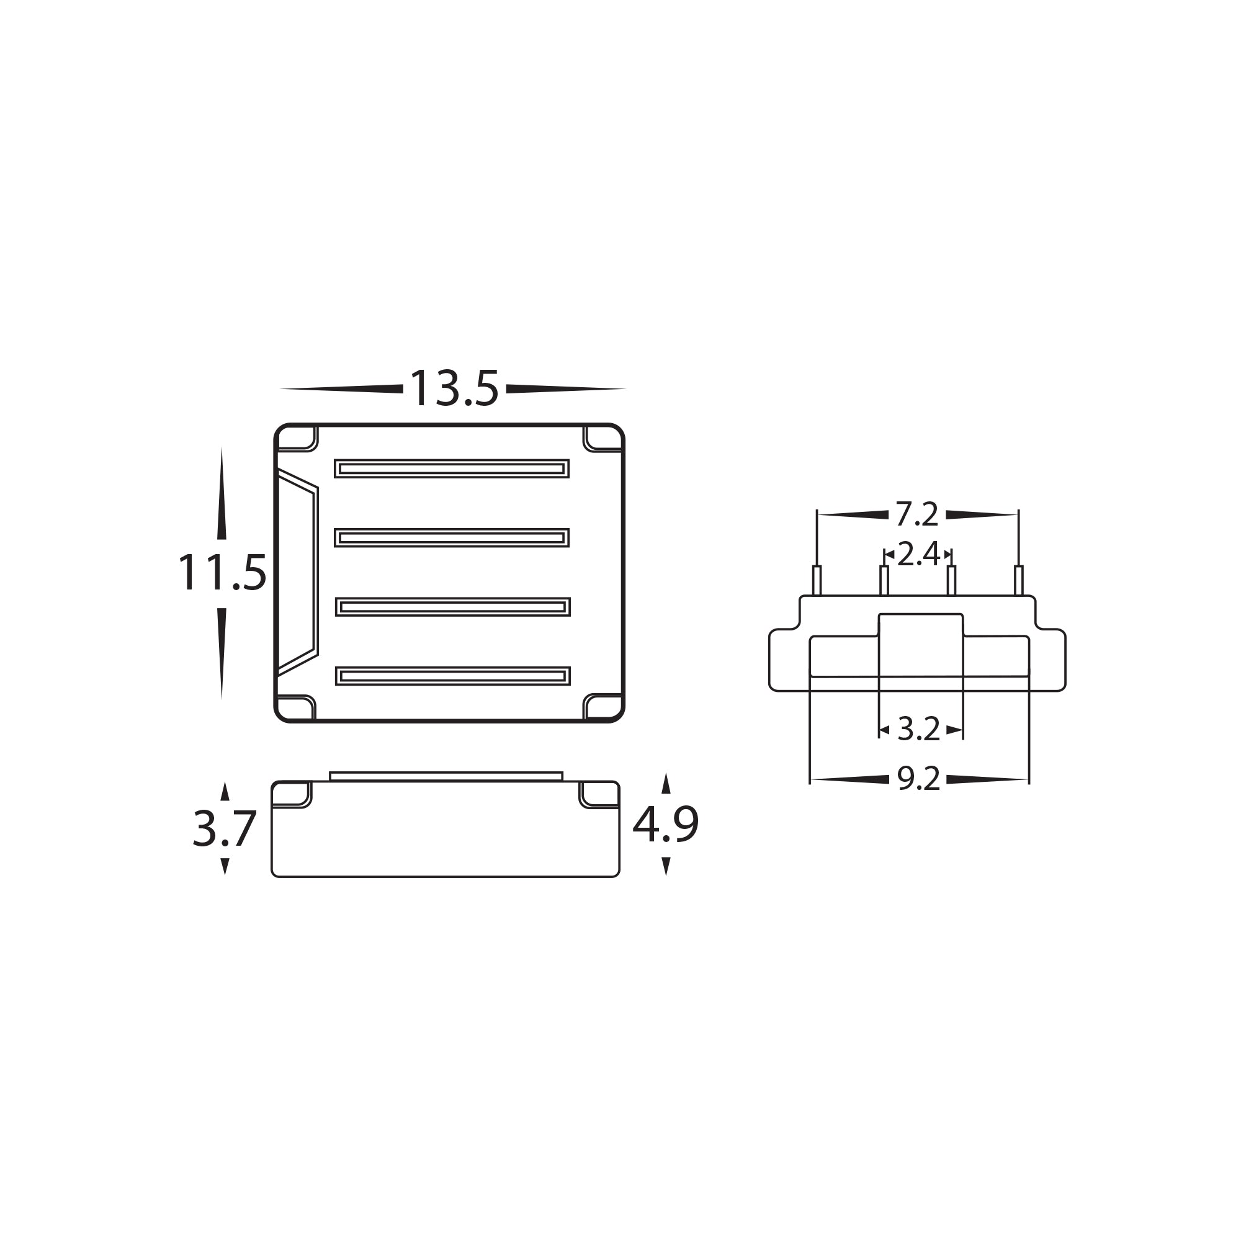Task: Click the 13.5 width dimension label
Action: tap(454, 389)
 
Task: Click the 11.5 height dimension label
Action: tap(222, 573)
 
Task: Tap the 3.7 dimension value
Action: tap(224, 828)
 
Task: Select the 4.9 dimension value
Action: tap(665, 825)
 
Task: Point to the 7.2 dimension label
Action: tap(916, 514)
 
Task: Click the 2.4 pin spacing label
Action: tap(918, 554)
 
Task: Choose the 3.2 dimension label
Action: tap(918, 729)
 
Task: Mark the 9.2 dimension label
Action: tap(918, 780)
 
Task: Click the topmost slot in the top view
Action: tap(452, 469)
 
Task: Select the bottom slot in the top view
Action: tap(453, 676)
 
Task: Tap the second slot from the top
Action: tap(452, 537)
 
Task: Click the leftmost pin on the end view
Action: tap(817, 580)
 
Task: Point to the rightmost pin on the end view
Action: tap(1018, 580)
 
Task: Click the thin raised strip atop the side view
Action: tap(446, 777)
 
